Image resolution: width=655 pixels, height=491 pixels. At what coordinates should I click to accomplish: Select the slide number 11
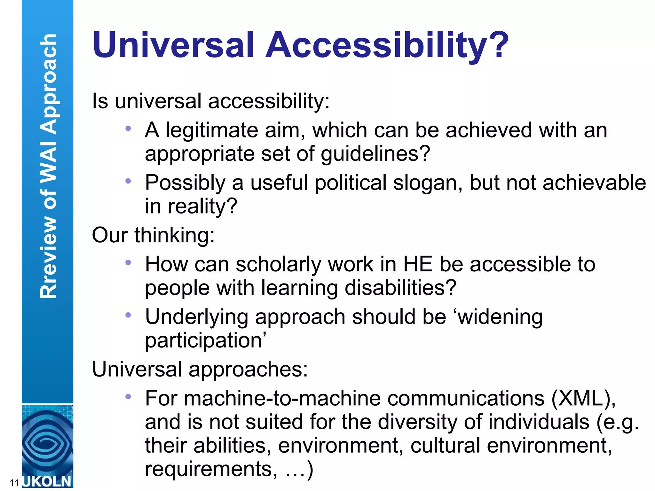tap(14, 483)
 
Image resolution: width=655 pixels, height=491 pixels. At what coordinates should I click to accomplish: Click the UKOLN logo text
tap(47, 481)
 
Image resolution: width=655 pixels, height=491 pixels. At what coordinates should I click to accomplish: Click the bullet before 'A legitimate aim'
tap(128, 129)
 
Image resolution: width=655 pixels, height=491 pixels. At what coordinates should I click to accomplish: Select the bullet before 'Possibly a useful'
tap(128, 181)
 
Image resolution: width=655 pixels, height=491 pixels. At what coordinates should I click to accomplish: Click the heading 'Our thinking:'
tap(153, 235)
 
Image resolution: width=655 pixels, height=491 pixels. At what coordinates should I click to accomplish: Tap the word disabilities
tap(396, 288)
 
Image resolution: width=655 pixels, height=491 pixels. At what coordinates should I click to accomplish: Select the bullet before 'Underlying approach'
tap(128, 315)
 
